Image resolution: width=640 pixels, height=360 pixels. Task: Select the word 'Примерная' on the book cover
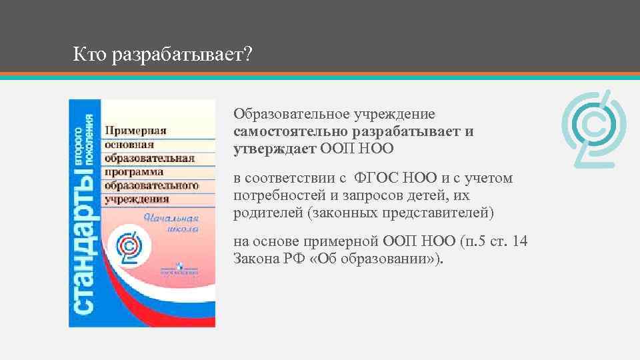point(135,131)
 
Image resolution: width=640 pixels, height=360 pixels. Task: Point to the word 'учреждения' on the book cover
point(136,199)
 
